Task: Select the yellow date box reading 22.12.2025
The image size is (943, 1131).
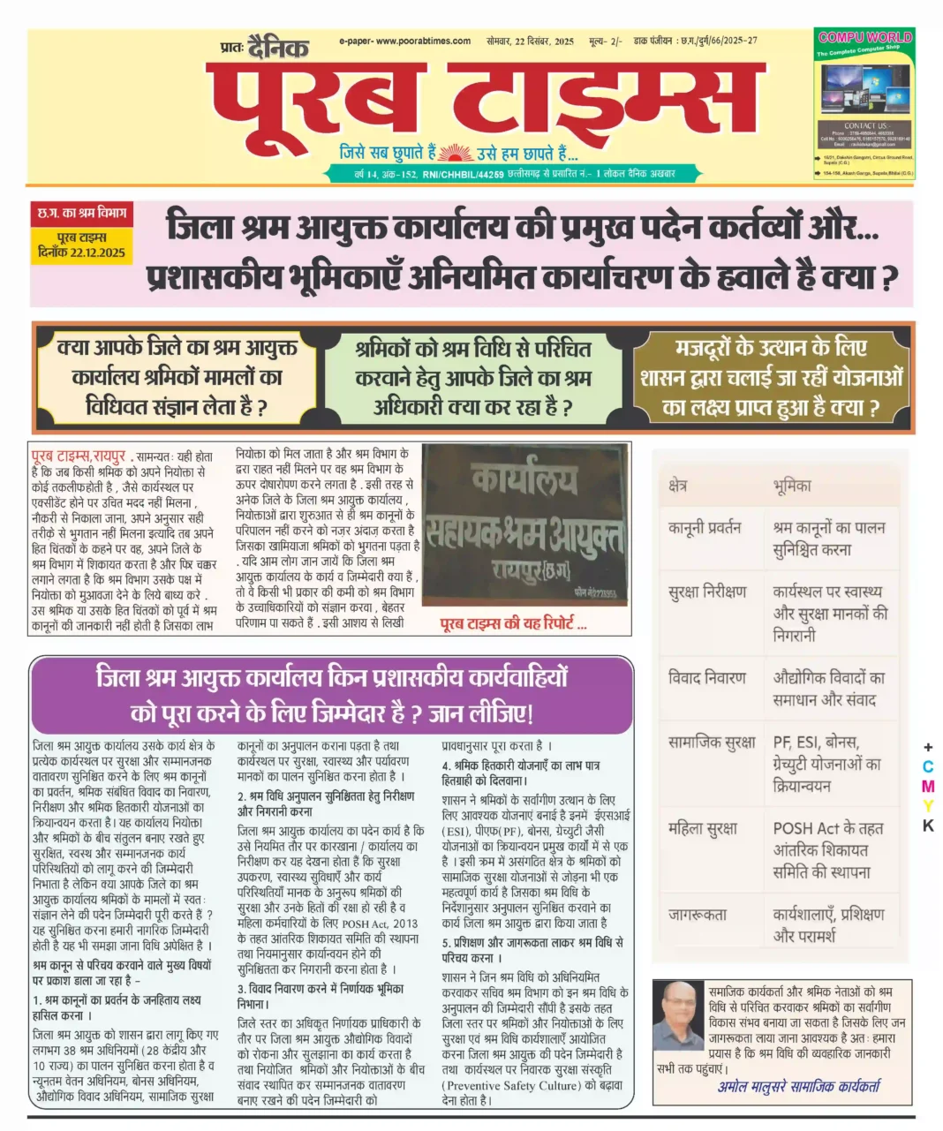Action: pos(82,245)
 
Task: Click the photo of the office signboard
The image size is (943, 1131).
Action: pos(524,525)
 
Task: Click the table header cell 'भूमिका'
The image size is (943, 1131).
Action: pos(791,486)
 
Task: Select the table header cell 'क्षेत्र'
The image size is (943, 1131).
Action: pos(678,486)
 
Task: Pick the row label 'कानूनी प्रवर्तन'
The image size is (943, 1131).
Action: pos(705,528)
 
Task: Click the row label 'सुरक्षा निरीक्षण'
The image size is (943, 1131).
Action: pos(707,592)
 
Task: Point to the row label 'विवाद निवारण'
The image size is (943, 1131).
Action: pos(707,677)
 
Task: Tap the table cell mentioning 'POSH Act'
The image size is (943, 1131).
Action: pos(826,849)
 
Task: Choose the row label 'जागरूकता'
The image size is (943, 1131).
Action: pos(698,914)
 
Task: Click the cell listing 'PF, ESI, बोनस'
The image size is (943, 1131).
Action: pos(826,763)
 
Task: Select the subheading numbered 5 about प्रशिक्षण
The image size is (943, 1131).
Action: pos(532,950)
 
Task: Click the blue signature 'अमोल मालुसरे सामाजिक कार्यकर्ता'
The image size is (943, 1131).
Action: pos(798,1087)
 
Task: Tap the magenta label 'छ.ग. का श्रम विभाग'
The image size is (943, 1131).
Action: pos(82,214)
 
